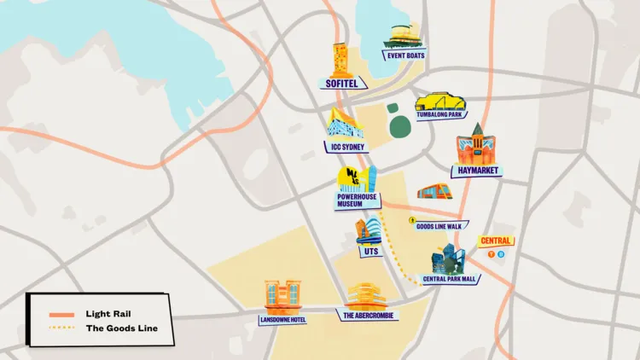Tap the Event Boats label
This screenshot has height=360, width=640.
[x=405, y=55]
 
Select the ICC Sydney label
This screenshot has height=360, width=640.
[x=346, y=146]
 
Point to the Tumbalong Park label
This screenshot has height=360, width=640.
[x=440, y=113]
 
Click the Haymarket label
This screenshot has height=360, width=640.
[x=476, y=171]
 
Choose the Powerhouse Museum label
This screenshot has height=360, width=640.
[x=357, y=200]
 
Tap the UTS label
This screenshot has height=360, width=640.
[x=369, y=251]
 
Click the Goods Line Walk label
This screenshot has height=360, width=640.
[x=439, y=226]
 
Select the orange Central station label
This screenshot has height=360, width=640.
[x=496, y=241]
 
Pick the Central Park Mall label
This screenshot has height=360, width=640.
[x=451, y=279]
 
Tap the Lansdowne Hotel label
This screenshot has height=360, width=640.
[x=283, y=320]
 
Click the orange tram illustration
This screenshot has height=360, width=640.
[x=434, y=192]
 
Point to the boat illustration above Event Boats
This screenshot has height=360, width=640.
[x=406, y=37]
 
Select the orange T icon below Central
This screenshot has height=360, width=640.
[x=491, y=253]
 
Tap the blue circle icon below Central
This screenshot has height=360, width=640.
[x=501, y=253]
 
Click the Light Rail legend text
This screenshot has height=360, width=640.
[x=108, y=314]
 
